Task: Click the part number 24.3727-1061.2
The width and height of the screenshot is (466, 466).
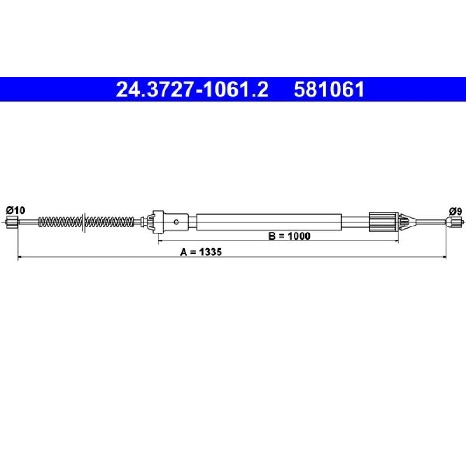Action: [x=192, y=89]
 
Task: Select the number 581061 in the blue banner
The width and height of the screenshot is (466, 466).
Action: [x=329, y=89]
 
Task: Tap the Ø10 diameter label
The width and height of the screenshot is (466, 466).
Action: [x=15, y=211]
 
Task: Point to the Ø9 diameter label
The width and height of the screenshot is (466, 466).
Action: [x=456, y=211]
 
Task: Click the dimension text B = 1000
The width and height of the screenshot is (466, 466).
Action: [x=289, y=236]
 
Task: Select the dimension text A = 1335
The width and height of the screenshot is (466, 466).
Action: [x=201, y=252]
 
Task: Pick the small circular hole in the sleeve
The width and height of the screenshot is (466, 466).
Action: [x=176, y=222]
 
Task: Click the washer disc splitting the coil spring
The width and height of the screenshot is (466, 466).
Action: [x=83, y=222]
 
